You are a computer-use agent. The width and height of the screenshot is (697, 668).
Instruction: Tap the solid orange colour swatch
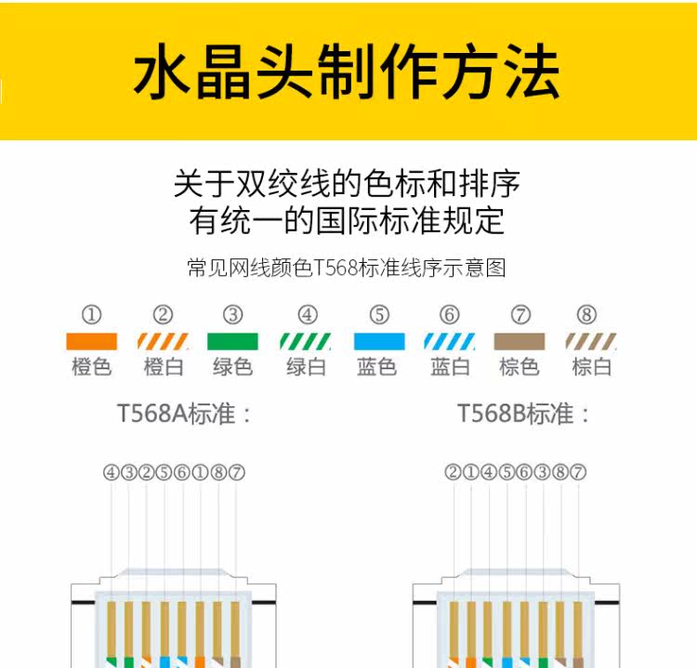91,341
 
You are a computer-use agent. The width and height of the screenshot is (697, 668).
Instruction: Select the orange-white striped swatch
163,341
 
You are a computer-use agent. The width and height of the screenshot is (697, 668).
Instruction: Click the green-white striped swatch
306,341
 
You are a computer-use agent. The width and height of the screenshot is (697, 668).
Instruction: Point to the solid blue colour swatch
378,341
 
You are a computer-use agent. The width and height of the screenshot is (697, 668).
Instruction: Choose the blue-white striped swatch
450,341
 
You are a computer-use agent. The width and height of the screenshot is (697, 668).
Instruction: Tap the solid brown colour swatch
519,341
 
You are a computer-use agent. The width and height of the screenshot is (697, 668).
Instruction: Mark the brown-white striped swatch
591,341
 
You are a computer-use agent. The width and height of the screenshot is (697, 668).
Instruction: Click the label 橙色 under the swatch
91,367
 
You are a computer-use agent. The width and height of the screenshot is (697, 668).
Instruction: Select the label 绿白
306,367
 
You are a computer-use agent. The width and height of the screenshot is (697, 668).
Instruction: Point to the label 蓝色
377,367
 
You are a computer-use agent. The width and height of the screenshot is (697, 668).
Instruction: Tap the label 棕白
591,367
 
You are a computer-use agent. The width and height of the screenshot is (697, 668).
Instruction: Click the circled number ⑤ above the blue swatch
378,315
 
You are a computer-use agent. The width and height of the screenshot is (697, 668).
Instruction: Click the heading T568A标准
185,413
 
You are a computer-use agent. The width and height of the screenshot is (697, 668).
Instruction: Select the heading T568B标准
524,413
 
